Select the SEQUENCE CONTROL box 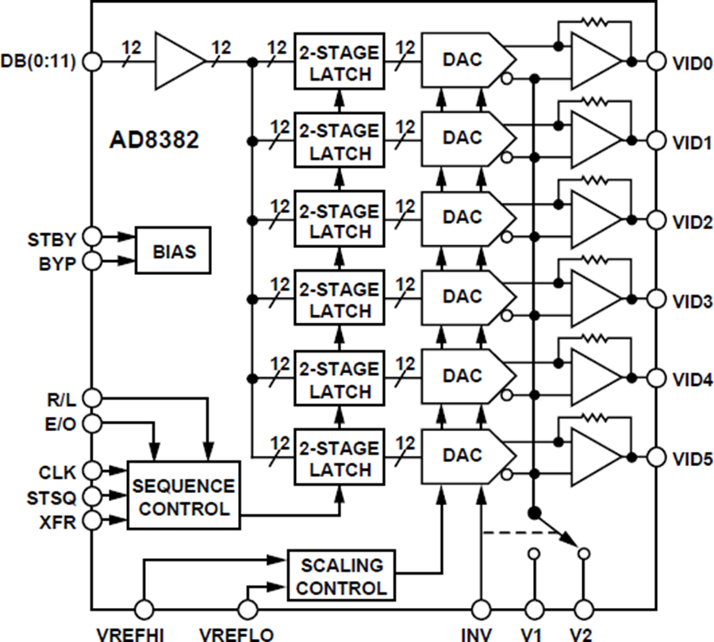coord(183,497)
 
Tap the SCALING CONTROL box coord(341,576)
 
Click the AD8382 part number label coord(153,140)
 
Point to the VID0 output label coord(693,61)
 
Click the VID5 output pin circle coord(655,457)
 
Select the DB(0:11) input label coord(38,61)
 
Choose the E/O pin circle coord(92,423)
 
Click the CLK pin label coord(58,472)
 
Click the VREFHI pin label coord(130,634)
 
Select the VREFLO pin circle coord(248,609)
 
